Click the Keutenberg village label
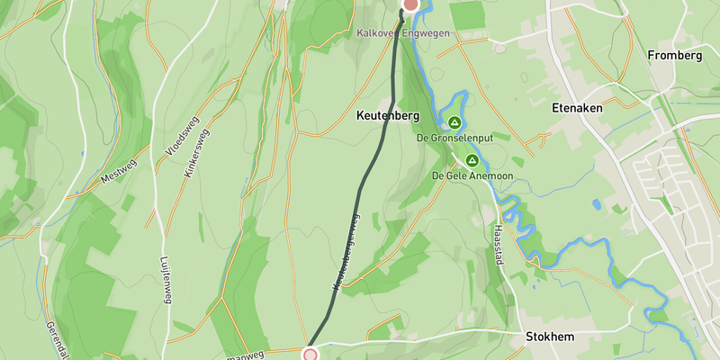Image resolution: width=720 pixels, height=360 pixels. (x=388, y=116)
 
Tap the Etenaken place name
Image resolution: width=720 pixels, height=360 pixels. (x=577, y=106)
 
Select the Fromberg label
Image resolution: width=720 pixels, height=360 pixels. (x=674, y=56)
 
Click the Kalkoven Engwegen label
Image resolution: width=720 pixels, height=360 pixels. (x=402, y=33)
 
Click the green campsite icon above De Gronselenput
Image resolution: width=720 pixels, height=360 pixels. (x=454, y=122)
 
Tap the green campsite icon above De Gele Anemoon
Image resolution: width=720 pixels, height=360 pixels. (x=471, y=159)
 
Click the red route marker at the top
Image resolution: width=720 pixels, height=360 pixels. (x=410, y=4)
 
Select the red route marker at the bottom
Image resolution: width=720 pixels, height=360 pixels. (x=310, y=355)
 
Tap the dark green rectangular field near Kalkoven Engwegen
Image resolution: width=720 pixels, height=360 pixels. (x=466, y=15)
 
